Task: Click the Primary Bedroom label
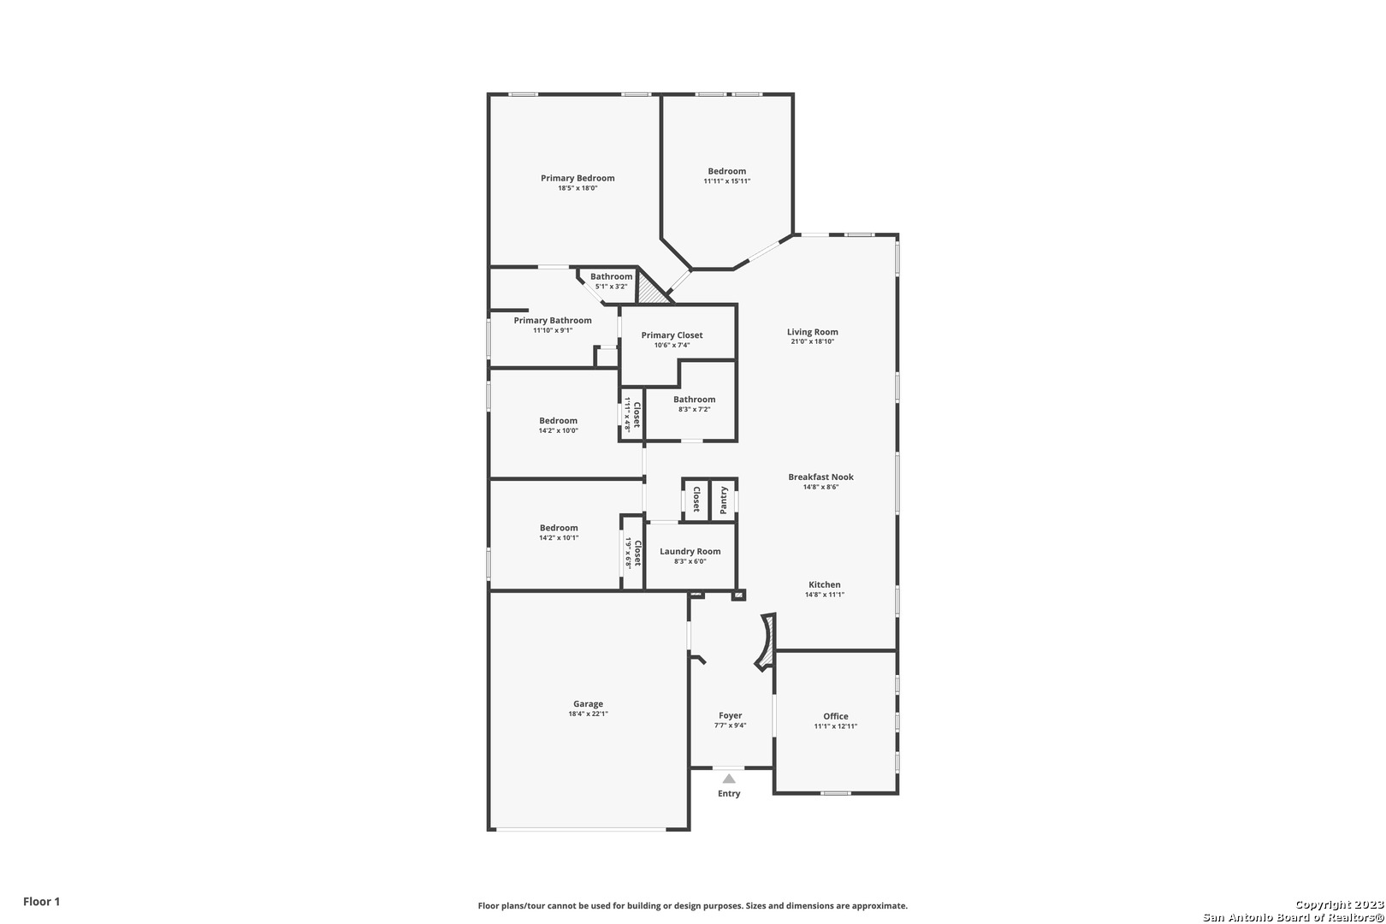coord(577,178)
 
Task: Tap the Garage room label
coord(588,703)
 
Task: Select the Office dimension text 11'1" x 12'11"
coord(835,726)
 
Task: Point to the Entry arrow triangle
coord(729,779)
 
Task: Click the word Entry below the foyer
coord(729,793)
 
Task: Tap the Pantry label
coord(723,500)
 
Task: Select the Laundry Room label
coord(690,552)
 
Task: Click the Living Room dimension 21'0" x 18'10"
coord(813,341)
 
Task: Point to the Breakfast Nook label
coord(820,477)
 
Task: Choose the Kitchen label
coord(824,585)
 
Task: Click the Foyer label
coord(730,715)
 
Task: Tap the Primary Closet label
coord(672,335)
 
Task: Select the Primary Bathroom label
coord(553,321)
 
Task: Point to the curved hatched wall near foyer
coord(767,642)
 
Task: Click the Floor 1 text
coord(41,901)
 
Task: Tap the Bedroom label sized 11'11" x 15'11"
coord(727,171)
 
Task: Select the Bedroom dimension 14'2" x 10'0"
coord(558,430)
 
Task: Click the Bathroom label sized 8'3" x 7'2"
coord(694,400)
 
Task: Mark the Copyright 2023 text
coord(1339,904)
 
